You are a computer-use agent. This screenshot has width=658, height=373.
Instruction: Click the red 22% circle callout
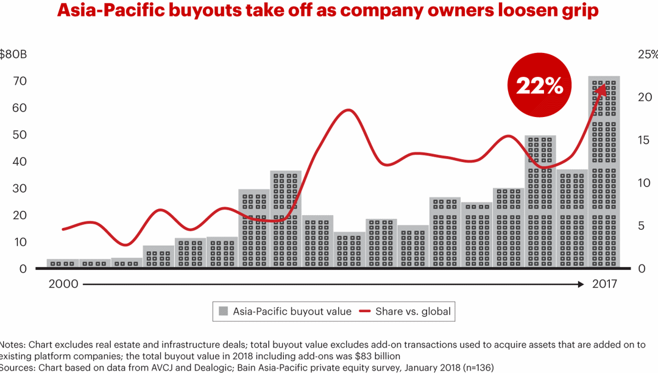pos(539,86)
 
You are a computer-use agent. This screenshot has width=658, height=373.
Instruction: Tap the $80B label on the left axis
pos(13,54)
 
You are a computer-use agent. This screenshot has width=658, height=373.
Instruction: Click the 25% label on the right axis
pos(647,54)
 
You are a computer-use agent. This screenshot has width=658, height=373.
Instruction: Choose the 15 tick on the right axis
pos(645,140)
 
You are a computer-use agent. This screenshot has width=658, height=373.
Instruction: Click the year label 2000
pos(63,284)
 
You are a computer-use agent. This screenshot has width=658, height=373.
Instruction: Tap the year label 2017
pos(604,284)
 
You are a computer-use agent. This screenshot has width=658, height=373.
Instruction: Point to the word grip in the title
pos(579,12)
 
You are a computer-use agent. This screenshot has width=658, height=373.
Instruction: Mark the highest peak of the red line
pos(348,110)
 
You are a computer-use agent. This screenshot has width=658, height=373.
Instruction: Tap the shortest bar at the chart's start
pos(63,263)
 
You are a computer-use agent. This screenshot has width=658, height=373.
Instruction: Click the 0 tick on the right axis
pos(641,269)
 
